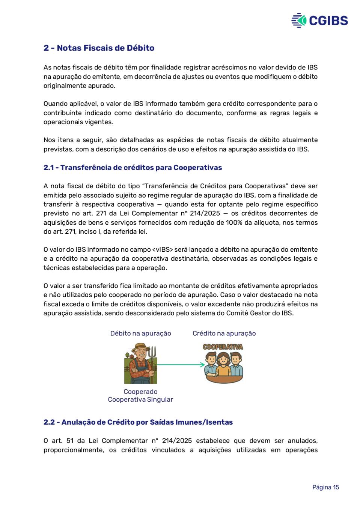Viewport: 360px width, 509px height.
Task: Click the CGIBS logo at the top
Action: [x=319, y=20]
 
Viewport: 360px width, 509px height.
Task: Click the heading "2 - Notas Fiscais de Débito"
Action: [x=99, y=48]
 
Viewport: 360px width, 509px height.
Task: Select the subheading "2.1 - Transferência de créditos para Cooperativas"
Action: [x=133, y=168]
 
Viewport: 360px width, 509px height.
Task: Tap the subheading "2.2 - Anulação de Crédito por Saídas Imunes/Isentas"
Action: [x=138, y=422]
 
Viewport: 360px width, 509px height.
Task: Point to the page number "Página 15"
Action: [x=325, y=487]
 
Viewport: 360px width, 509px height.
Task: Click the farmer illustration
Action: [x=140, y=363]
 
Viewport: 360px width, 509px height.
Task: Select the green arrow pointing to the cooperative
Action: [x=181, y=364]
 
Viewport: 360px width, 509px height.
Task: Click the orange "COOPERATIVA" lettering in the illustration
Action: [x=223, y=347]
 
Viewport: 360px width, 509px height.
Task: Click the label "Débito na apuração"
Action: [x=140, y=333]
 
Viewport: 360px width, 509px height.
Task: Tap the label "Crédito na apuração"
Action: [x=224, y=333]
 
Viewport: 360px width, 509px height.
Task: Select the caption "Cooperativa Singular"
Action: [x=140, y=399]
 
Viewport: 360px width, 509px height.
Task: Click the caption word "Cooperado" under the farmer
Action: [x=140, y=392]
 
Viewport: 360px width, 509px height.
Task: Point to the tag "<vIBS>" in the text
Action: [x=163, y=250]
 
